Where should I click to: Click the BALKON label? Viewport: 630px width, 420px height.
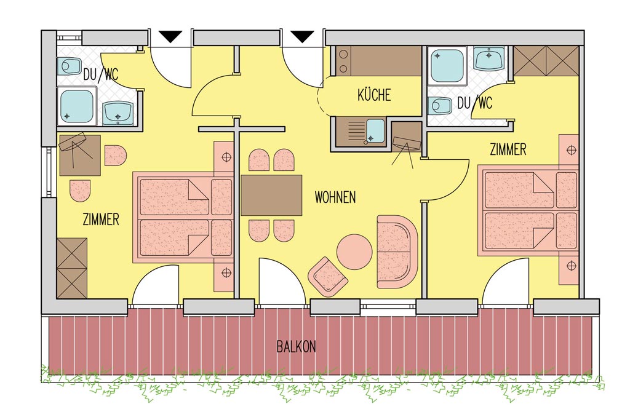296,346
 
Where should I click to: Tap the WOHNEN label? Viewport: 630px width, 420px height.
335,197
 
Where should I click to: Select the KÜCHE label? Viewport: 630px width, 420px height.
374,95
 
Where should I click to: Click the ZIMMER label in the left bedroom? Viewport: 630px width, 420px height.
101,220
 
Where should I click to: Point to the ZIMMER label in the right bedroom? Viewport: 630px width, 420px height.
508,149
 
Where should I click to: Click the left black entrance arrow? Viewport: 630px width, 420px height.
171,36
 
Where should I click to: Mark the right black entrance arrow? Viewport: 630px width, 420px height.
302,36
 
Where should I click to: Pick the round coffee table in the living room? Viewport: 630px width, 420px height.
354,252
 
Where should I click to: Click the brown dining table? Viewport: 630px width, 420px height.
271,195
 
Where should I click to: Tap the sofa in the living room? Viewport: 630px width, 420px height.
397,252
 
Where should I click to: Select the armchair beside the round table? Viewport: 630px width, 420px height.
327,277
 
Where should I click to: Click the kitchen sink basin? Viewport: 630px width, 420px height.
375,131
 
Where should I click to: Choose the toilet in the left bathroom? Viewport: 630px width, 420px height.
69,66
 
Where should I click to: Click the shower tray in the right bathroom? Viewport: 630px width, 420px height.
447,65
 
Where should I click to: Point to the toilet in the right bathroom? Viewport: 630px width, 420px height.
441,106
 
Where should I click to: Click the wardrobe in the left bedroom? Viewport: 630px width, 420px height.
72,268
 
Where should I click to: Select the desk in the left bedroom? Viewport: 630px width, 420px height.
80,156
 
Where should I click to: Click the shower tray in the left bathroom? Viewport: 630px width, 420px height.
77,107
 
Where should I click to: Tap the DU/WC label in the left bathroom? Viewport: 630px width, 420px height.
101,74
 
